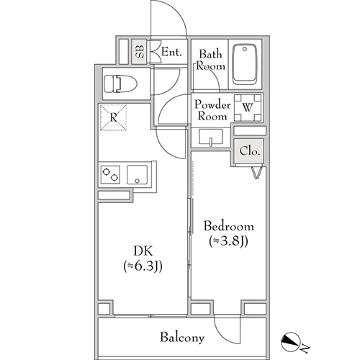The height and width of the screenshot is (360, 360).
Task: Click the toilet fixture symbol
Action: (120, 84)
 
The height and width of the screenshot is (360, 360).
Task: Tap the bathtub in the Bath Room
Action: (245, 64)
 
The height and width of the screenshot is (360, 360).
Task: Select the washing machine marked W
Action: (248, 107)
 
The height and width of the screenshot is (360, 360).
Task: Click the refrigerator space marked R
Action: (113, 117)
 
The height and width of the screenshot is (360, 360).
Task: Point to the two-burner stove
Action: (110, 174)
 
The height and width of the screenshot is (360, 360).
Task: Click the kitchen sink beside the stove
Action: (137, 175)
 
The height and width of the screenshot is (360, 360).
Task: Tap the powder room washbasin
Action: (211, 138)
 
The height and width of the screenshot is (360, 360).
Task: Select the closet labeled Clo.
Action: (250, 151)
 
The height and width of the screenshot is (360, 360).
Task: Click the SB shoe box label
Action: (140, 51)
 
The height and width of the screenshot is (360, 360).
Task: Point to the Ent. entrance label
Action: (171, 52)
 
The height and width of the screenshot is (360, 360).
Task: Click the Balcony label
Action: (182, 338)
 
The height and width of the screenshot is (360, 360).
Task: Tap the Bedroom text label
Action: (228, 226)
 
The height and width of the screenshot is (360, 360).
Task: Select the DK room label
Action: (143, 251)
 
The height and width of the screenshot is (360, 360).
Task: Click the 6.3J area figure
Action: (143, 266)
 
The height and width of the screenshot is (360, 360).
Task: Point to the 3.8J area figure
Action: (228, 241)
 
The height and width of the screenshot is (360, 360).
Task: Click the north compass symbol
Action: (290, 341)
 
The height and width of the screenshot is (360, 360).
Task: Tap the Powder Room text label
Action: (212, 110)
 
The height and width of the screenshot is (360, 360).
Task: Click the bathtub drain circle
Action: (245, 49)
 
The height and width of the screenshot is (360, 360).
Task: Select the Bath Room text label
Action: (211, 60)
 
